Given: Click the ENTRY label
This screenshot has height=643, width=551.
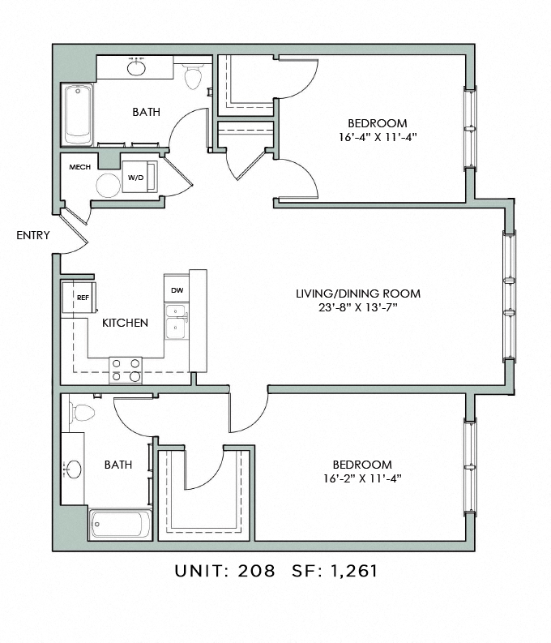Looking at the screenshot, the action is click(x=32, y=235).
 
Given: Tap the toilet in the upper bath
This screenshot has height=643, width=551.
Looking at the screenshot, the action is click(x=193, y=76).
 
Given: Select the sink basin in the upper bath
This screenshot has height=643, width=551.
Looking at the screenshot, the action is click(x=136, y=66).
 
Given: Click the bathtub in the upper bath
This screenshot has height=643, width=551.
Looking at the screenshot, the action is click(x=79, y=115).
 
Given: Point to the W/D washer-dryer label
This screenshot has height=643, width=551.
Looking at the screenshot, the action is click(x=136, y=178).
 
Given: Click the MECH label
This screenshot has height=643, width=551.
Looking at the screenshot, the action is click(x=80, y=167).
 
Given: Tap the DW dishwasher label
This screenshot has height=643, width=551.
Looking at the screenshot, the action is click(x=177, y=290).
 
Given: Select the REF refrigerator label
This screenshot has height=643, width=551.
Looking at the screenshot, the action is click(x=83, y=298).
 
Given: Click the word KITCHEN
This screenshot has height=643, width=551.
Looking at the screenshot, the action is click(x=125, y=323).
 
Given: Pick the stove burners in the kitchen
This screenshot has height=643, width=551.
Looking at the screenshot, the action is click(x=126, y=371).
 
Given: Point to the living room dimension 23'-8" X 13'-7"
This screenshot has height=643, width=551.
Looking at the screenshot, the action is click(x=358, y=307).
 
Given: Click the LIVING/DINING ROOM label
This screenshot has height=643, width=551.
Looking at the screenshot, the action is click(x=358, y=294).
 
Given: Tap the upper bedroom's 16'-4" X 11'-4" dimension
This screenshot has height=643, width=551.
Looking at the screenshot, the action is click(x=378, y=137).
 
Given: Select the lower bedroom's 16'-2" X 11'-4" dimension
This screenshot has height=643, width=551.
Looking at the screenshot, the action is click(x=362, y=478).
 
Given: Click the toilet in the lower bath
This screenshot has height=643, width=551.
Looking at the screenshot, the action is click(x=82, y=413).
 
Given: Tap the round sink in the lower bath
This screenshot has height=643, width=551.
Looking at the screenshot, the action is click(x=74, y=469).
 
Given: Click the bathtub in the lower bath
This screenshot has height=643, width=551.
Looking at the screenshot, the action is click(x=121, y=524).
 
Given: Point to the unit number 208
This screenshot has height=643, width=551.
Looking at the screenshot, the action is click(x=256, y=571).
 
